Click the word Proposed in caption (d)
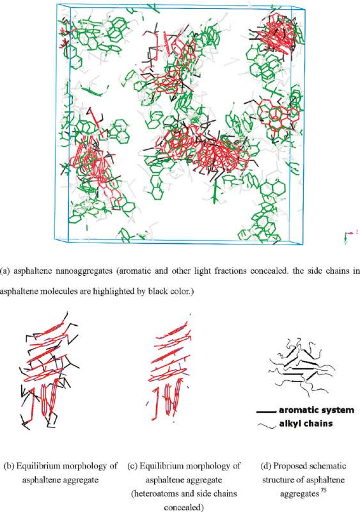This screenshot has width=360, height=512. tap(288, 466)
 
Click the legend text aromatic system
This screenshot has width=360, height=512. tap(317, 410)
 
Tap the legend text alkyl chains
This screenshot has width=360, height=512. tap(306, 424)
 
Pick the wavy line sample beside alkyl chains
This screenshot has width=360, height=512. tap(267, 425)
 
